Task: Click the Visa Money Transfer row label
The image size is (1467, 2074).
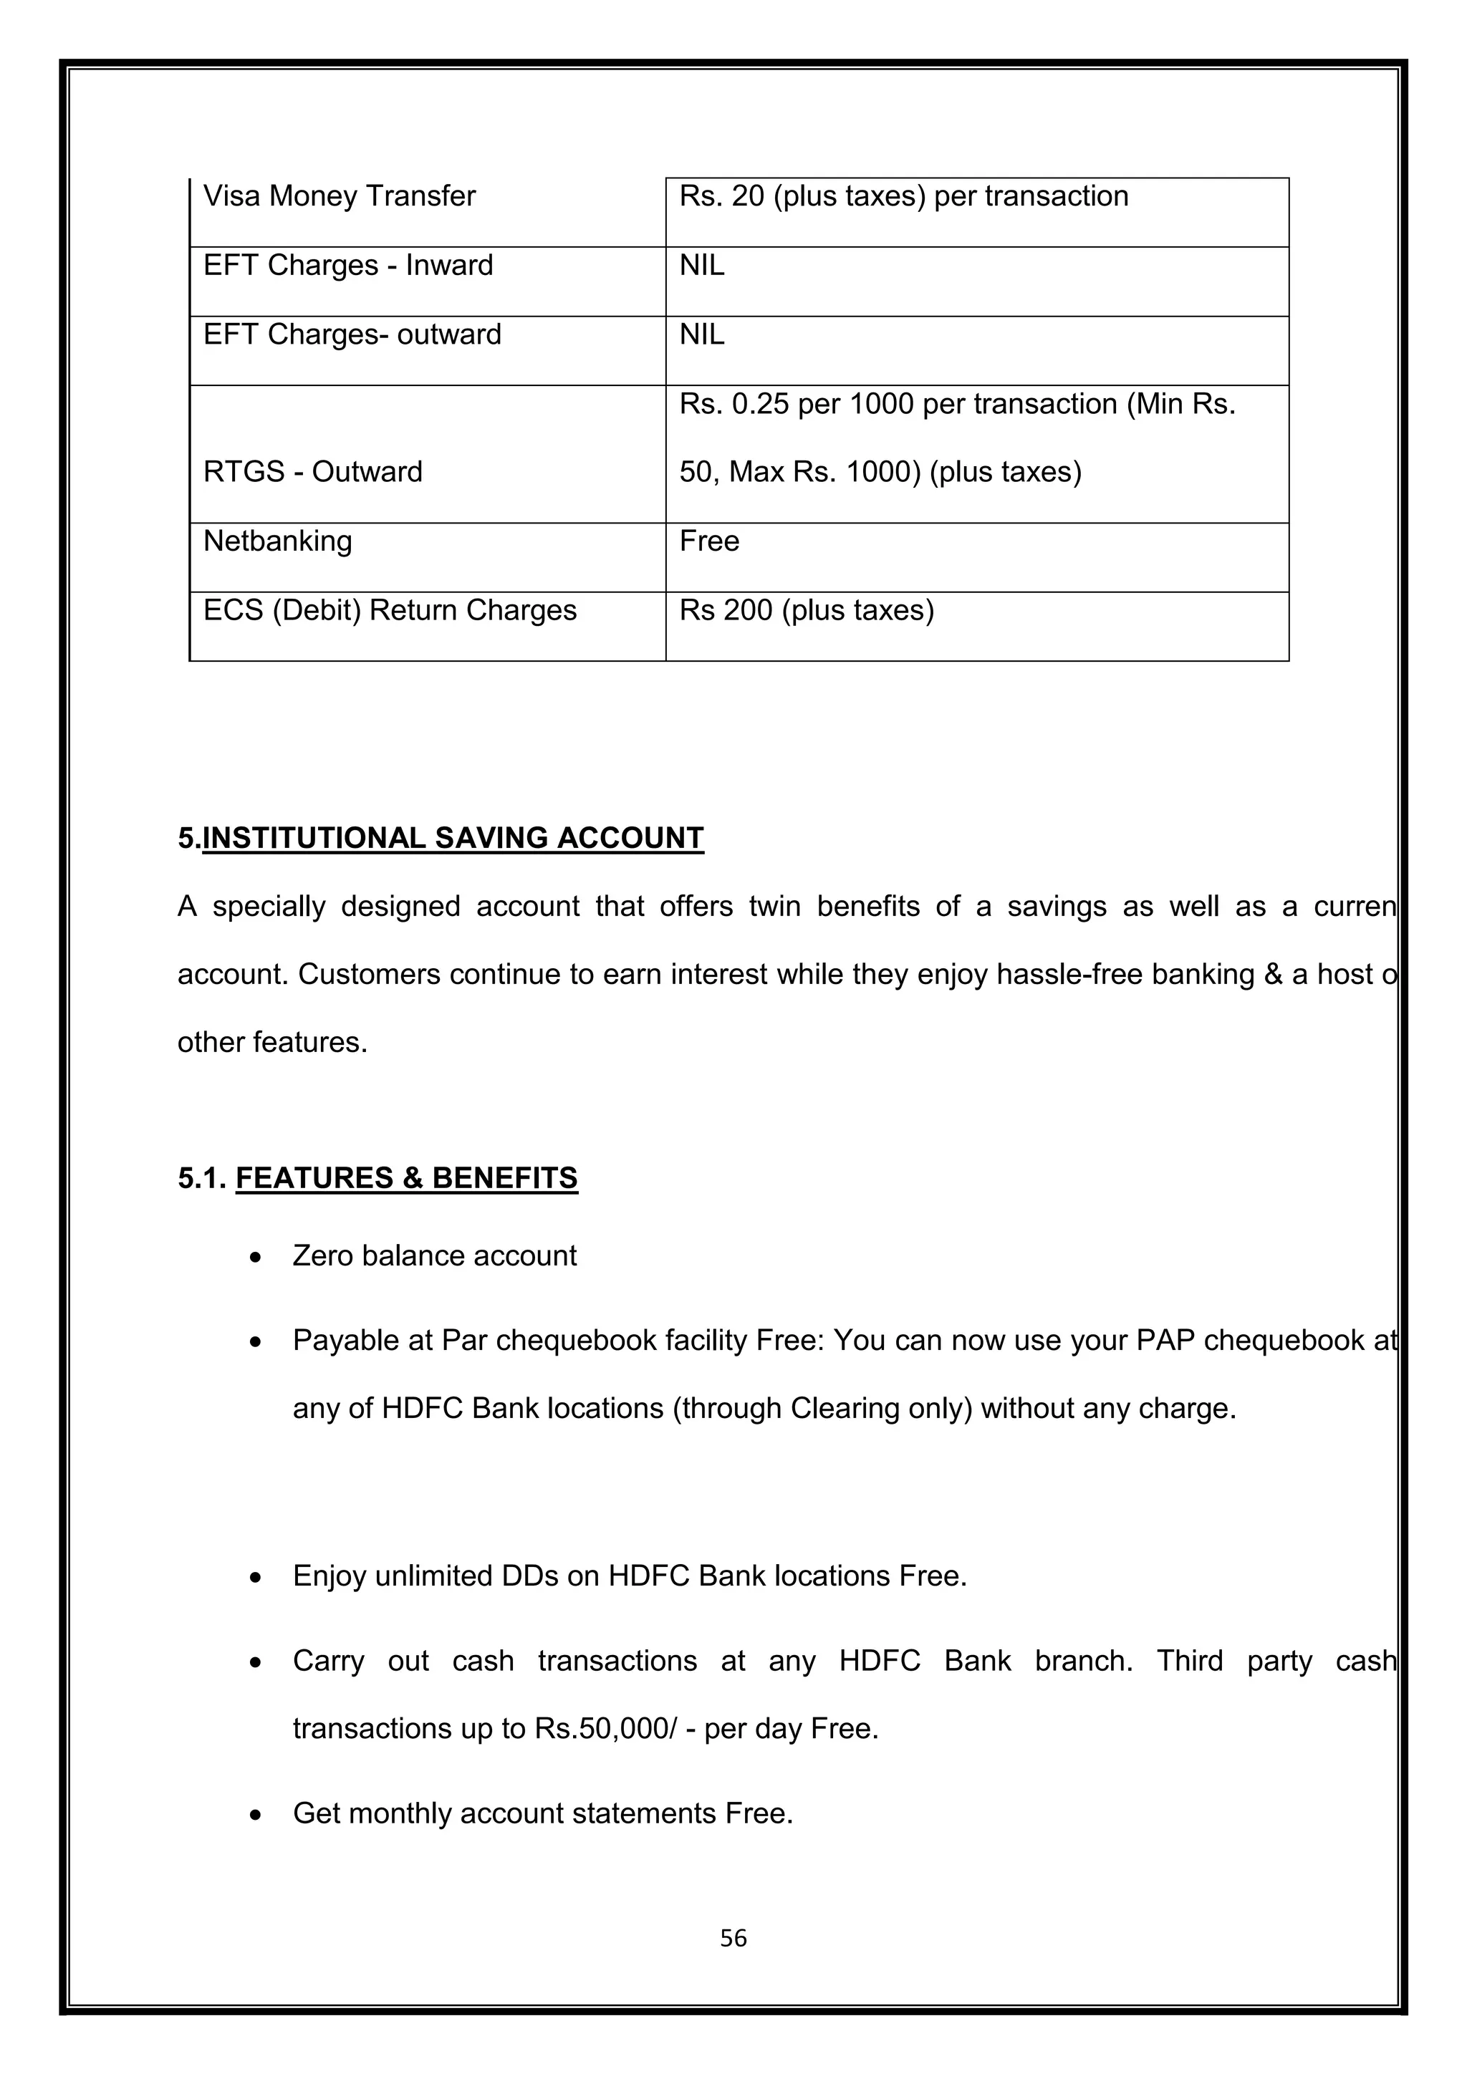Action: tap(339, 196)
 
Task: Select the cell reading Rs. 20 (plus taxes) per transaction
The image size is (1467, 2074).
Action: tap(903, 196)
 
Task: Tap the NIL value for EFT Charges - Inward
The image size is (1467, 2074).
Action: tap(702, 266)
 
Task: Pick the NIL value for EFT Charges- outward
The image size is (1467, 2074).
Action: tap(702, 335)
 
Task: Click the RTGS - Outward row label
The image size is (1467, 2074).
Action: tap(312, 471)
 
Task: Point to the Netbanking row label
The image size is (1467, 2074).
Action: tap(277, 541)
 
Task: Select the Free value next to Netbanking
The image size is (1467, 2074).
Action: tap(709, 541)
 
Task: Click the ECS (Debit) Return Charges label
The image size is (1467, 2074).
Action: tap(390, 611)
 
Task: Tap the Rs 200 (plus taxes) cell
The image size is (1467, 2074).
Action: tap(807, 611)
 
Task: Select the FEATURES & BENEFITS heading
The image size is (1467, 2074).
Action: tap(406, 1178)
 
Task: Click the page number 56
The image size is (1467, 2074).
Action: tap(733, 1938)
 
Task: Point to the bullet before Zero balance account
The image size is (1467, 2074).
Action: tap(256, 1258)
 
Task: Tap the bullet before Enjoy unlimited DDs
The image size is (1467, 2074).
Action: tap(256, 1577)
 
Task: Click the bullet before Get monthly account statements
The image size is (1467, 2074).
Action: tap(256, 1815)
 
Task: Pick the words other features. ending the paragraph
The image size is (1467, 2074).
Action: tap(273, 1043)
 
